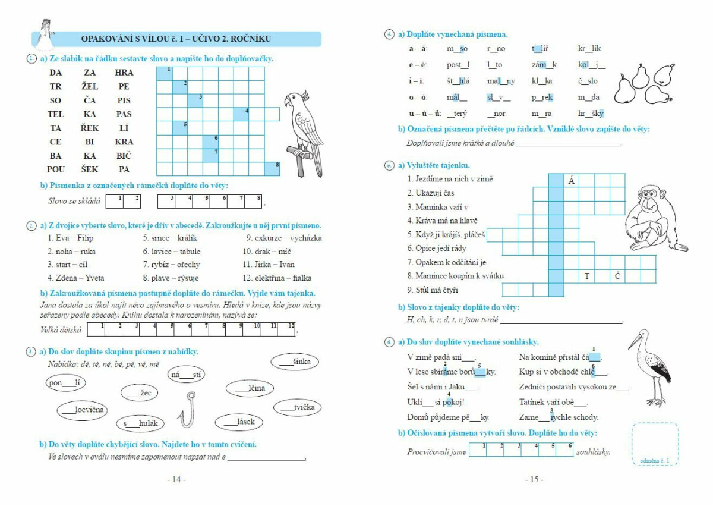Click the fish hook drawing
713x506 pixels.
(188, 410)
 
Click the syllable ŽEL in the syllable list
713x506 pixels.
(90, 86)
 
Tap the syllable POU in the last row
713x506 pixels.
(56, 169)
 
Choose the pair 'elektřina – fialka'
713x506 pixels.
(276, 278)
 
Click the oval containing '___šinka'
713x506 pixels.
(295, 362)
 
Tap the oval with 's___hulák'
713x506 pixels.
(141, 423)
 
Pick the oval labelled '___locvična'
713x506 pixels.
(83, 410)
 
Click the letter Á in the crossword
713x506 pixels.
(571, 180)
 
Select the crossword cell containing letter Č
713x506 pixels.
(617, 276)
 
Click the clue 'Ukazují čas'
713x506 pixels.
(431, 193)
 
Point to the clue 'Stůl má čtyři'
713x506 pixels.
(433, 290)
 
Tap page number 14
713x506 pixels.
(176, 479)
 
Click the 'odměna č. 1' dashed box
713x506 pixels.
(655, 444)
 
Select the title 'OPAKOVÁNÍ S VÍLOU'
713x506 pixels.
(176, 39)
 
